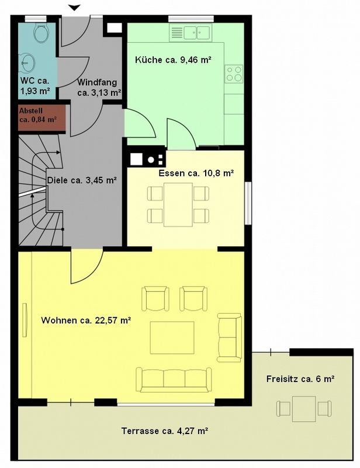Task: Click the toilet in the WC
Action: [41, 33]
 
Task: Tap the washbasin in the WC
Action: [27, 63]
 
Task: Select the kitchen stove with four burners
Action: [234, 74]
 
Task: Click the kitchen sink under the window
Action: [197, 33]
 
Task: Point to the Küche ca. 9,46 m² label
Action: [174, 60]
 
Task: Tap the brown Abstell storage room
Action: [41, 118]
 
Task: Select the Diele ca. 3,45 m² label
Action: [82, 180]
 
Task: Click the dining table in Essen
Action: [178, 204]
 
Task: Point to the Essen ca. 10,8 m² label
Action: [196, 173]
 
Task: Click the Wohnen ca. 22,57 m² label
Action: [86, 321]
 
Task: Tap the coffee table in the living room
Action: [172, 338]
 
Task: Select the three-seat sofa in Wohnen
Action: [174, 380]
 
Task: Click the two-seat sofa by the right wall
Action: [229, 338]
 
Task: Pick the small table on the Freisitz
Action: [304, 408]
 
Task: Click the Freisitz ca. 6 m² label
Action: [300, 379]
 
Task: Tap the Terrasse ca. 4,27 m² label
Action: [165, 431]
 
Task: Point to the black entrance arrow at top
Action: [75, 8]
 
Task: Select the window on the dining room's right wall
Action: [248, 203]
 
